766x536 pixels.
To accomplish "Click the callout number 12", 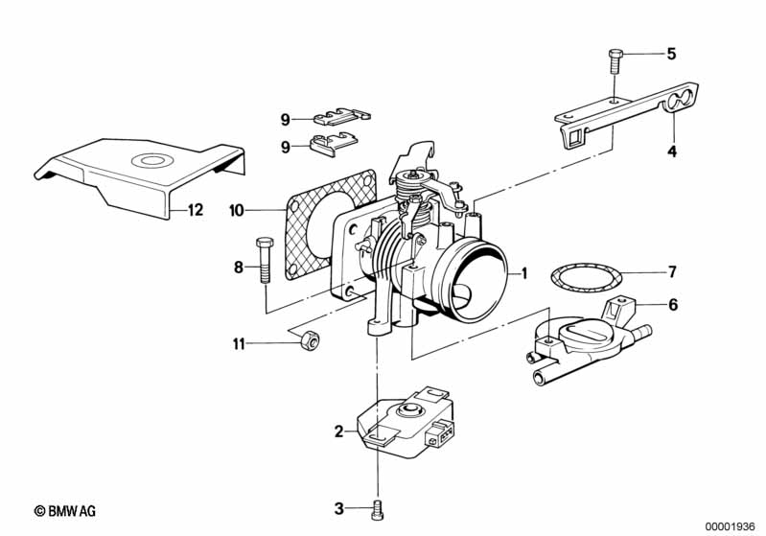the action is (195, 210).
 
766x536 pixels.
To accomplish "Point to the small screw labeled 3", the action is (377, 509).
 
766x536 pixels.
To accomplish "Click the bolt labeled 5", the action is (615, 61).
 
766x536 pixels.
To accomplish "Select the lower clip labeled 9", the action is (334, 144).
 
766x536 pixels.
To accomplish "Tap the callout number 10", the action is (237, 211).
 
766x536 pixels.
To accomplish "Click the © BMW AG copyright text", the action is (65, 511).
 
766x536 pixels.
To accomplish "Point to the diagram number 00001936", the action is (730, 526).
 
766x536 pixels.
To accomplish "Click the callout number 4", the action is (672, 151).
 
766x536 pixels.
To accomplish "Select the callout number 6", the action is (673, 305).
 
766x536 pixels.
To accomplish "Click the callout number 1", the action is (524, 273).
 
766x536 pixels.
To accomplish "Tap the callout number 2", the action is (338, 431).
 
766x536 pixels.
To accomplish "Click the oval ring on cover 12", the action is (152, 161).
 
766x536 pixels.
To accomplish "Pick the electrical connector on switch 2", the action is (440, 431).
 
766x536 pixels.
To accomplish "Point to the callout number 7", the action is (672, 271).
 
